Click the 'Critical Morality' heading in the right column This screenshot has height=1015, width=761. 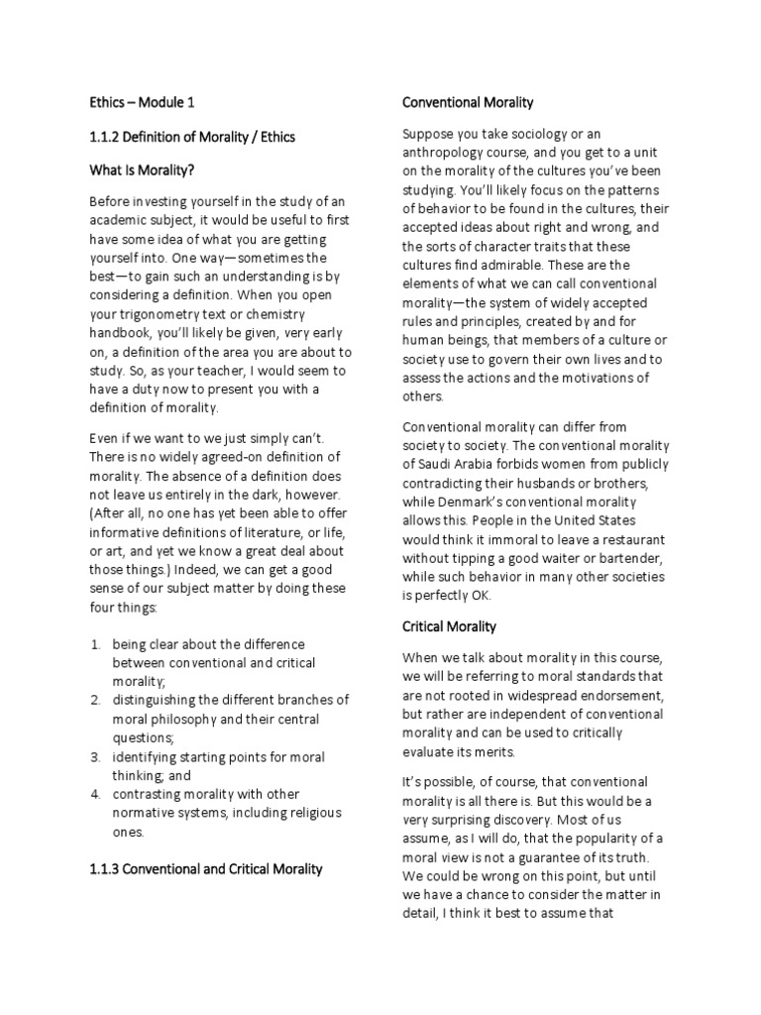[x=449, y=626]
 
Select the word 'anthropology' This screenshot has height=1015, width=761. [x=449, y=152]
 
